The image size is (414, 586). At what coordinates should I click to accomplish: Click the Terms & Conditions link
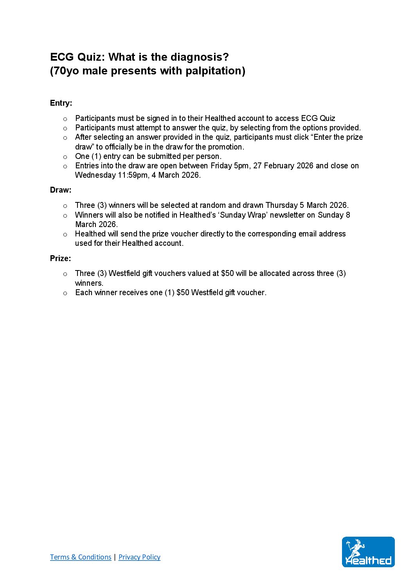81,557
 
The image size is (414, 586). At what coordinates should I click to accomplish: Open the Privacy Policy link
139,557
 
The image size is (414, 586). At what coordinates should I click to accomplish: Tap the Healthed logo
368,552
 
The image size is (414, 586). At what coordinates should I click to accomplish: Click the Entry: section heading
61,103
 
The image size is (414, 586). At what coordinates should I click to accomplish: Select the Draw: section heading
61,190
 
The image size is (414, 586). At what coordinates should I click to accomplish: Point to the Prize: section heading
61,258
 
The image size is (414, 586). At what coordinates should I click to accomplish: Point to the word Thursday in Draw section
281,205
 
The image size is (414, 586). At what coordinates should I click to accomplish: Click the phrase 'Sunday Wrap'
243,215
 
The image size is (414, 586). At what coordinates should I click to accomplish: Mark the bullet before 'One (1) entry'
65,157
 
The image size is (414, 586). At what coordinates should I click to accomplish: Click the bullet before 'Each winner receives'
65,293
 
